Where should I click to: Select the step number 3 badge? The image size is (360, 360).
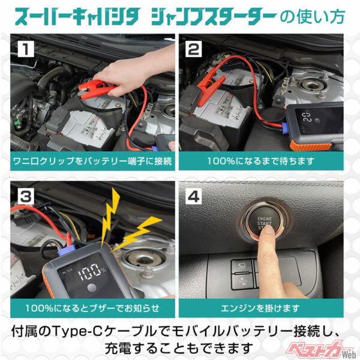tap(25, 196)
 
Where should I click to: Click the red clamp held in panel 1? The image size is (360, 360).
tap(96, 89)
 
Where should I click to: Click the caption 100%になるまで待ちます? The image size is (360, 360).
tap(262, 161)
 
